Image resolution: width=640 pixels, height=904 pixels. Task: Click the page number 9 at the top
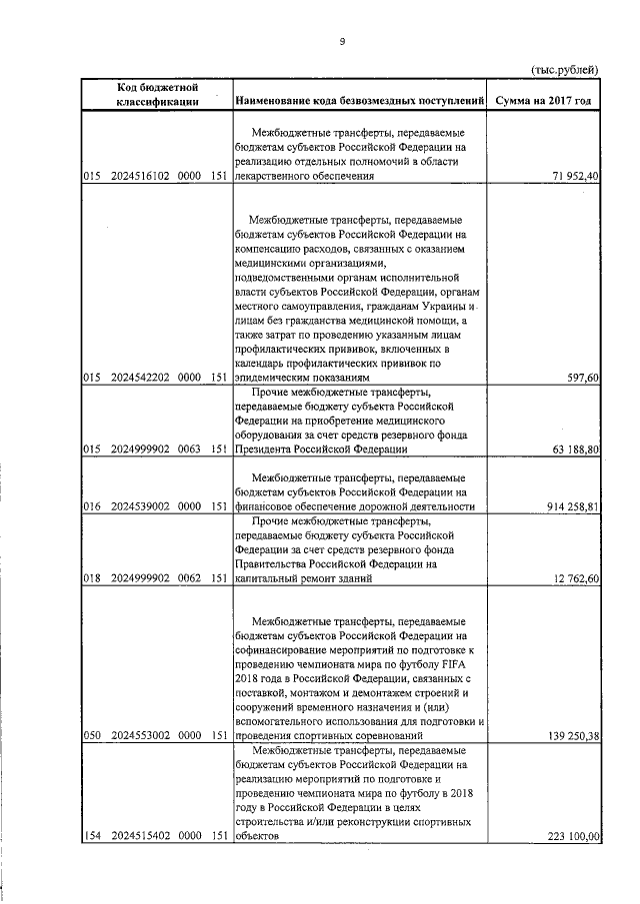(x=342, y=41)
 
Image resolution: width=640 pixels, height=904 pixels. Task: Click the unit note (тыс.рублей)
(x=564, y=69)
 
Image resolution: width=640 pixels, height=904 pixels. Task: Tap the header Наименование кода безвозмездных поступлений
(x=359, y=102)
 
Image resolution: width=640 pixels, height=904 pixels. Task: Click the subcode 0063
(x=190, y=451)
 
